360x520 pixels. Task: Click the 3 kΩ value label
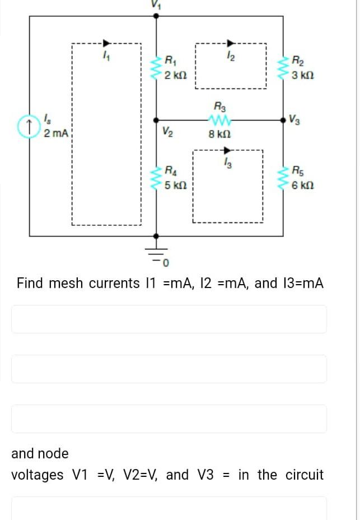[x=303, y=75]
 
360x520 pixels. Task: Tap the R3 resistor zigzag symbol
[x=216, y=119]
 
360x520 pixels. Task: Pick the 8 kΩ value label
[x=217, y=134]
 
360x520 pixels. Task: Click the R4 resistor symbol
[x=156, y=177]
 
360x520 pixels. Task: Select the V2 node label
[x=166, y=132]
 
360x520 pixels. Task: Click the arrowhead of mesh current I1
[x=106, y=42]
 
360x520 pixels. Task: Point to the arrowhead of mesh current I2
[x=230, y=42]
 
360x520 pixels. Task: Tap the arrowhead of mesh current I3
[x=227, y=150]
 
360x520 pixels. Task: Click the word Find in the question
[x=30, y=283]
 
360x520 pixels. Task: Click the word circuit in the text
[x=304, y=475]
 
